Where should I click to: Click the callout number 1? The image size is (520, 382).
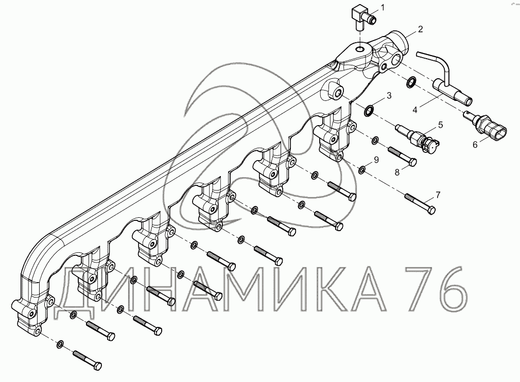[x=383, y=7]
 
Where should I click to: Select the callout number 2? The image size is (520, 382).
[x=420, y=29]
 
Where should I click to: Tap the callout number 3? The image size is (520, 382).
[x=389, y=96]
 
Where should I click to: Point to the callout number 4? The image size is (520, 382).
[x=415, y=110]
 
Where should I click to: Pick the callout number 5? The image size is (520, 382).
[x=440, y=125]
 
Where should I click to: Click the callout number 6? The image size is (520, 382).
[x=475, y=145]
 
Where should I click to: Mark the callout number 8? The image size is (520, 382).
[x=397, y=172]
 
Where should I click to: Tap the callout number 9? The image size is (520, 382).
[x=376, y=160]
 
